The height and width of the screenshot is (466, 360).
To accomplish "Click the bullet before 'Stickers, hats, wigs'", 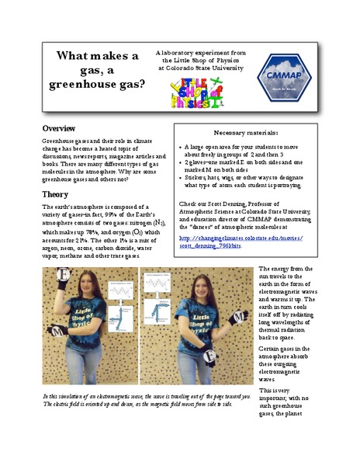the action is (180, 177).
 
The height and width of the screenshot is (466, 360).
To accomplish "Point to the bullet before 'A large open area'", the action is (180, 145).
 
